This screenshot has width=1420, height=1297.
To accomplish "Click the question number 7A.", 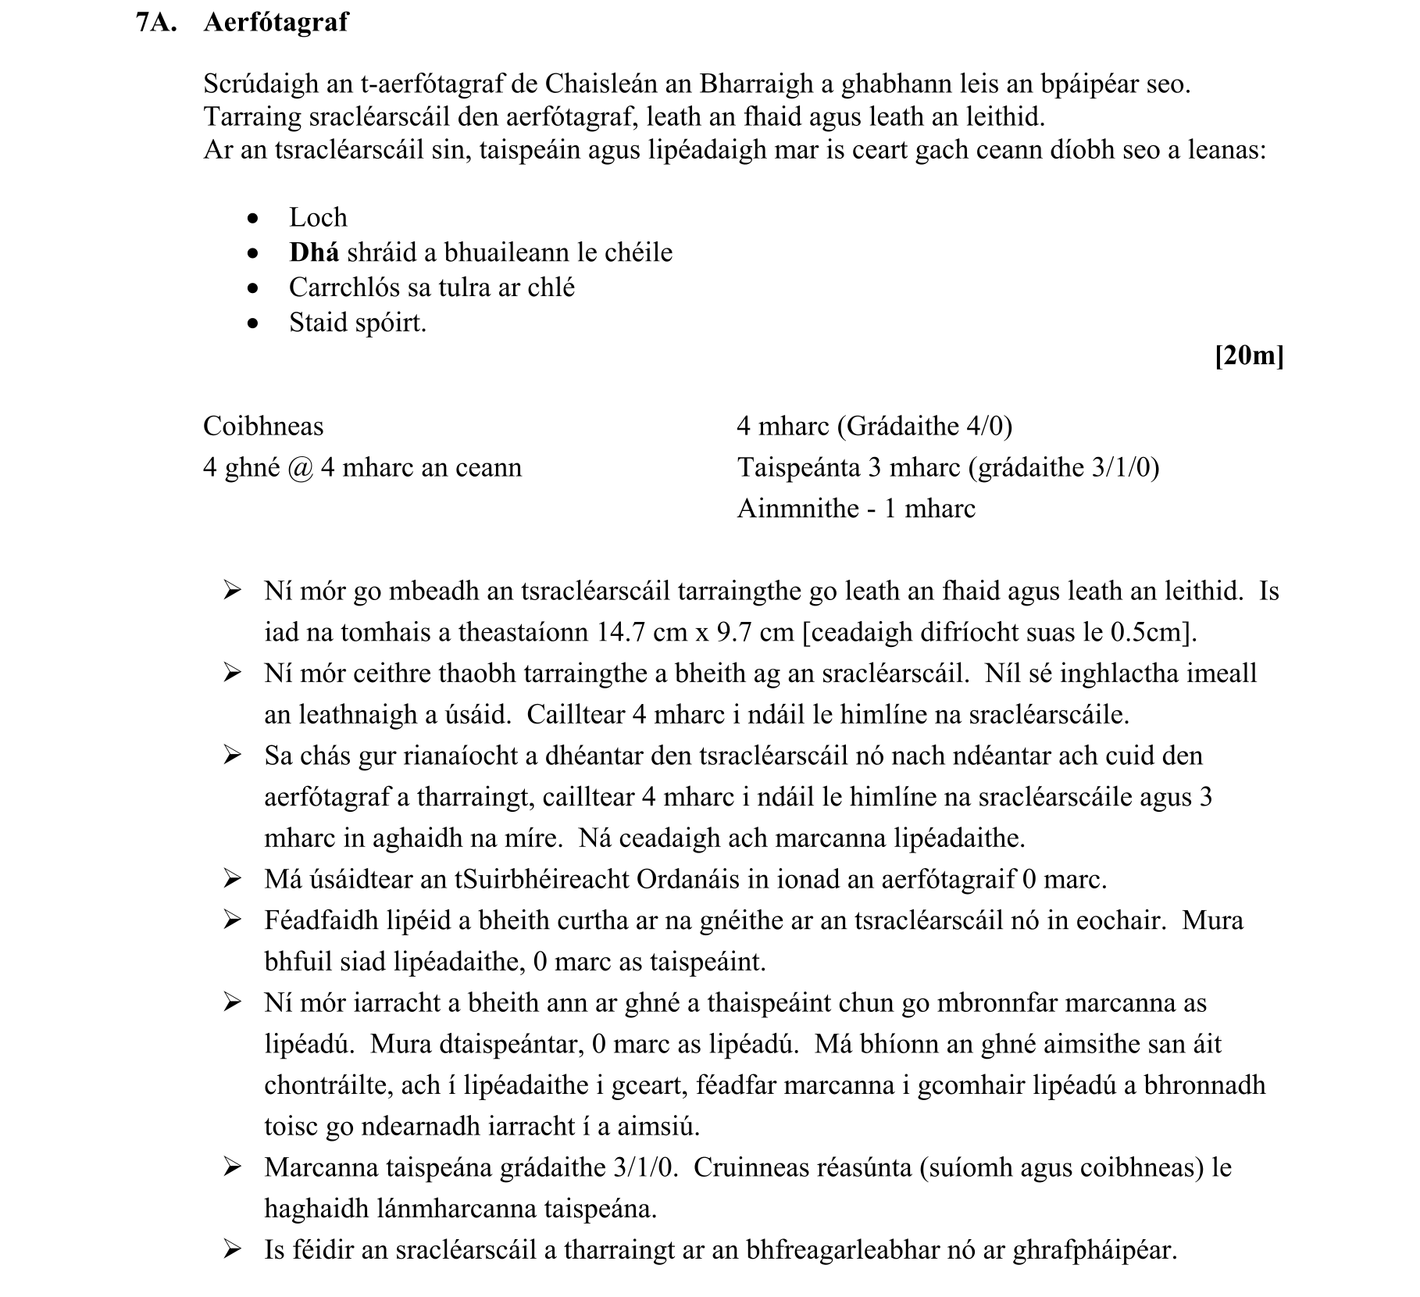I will point(156,23).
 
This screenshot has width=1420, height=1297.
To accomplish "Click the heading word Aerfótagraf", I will point(276,23).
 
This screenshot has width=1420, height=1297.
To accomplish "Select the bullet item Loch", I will point(318,217).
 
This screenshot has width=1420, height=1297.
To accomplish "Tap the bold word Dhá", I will point(314,252).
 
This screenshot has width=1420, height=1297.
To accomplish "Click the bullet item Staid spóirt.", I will point(358,323).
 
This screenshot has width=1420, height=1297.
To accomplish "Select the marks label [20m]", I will point(1249,356).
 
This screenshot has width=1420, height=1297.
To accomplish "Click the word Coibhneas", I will point(263,427).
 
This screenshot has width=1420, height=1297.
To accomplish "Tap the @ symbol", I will point(300,468).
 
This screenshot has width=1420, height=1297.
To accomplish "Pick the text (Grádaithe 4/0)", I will point(924,427).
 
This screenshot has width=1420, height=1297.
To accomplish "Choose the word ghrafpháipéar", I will point(1094,1251).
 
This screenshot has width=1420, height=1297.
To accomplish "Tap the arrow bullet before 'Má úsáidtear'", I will point(232,880).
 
